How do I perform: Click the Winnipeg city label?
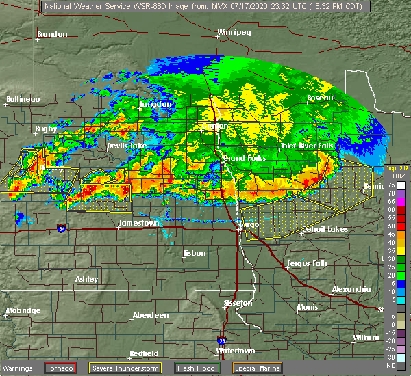pos(234,32)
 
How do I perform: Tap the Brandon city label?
pos(52,34)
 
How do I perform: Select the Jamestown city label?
pos(139,224)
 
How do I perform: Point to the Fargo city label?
pos(247,224)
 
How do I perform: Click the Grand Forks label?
pos(244,159)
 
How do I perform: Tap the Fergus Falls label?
pos(306,263)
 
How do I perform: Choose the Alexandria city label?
pos(352,289)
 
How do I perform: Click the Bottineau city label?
pos(24,99)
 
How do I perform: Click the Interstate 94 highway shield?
pos(62,228)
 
